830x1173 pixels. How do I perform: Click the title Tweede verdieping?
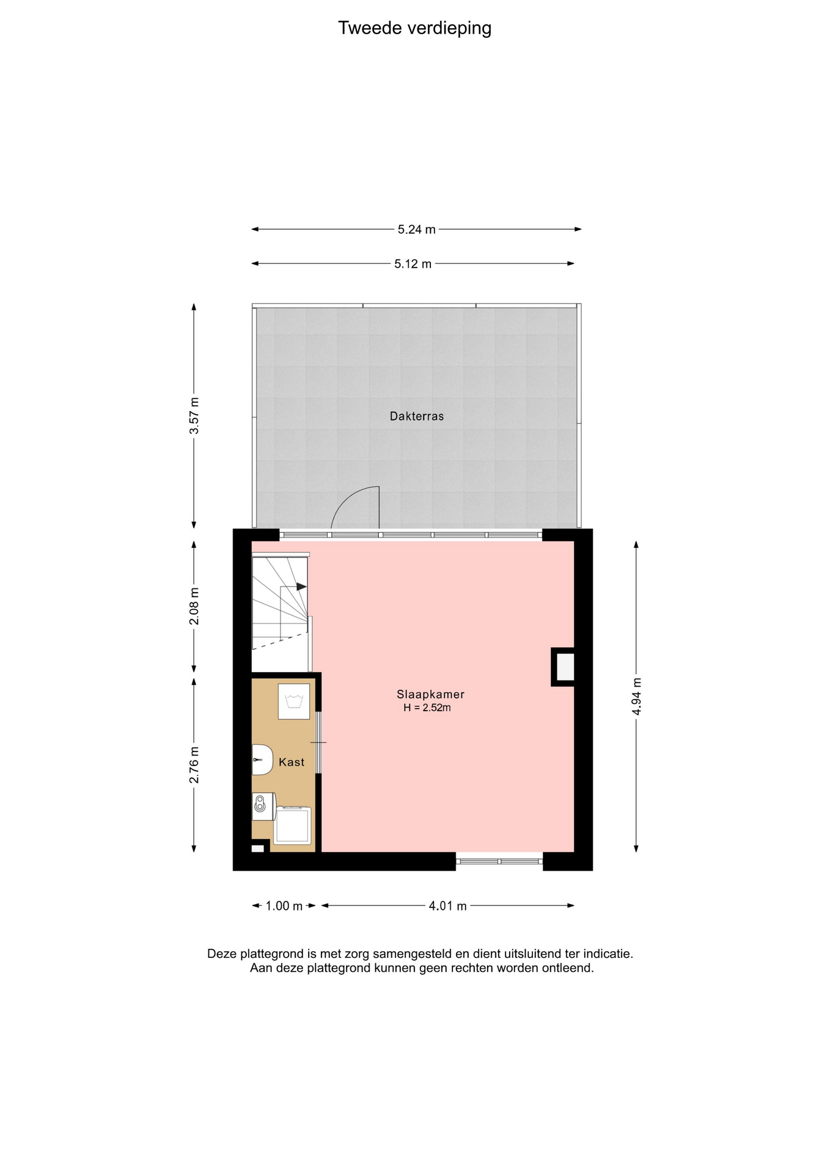point(414,28)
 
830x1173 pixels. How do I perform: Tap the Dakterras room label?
point(417,416)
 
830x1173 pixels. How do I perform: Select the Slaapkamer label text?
point(430,694)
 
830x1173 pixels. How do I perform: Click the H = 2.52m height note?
point(427,708)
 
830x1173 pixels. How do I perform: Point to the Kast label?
point(292,762)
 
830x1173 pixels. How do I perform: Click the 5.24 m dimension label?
point(417,230)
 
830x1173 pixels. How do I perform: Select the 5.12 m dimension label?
point(413,264)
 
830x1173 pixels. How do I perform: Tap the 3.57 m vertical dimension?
point(194,415)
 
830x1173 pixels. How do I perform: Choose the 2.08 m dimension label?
point(194,606)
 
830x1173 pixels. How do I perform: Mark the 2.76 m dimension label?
point(194,765)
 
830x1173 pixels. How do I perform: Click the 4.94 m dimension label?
point(637,696)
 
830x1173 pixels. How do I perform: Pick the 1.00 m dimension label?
point(284,906)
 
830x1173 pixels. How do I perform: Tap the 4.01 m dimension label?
point(448,906)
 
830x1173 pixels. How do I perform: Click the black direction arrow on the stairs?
point(301,586)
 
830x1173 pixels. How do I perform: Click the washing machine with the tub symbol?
point(294,701)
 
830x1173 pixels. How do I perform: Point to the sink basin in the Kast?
point(262,760)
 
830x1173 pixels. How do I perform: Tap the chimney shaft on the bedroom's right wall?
point(563,667)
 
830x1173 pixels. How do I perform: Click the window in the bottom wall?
point(499,861)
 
